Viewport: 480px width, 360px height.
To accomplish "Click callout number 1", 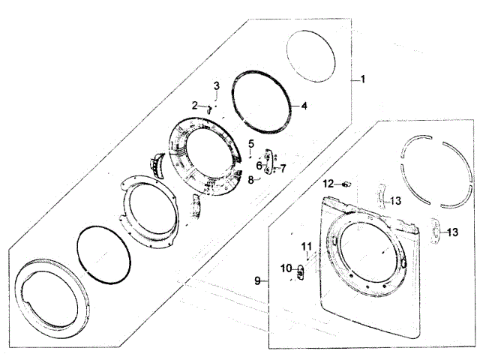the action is click(x=363, y=79).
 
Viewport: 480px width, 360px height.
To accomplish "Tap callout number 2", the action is click(x=195, y=106).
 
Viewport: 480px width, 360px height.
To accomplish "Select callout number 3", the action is click(x=217, y=85).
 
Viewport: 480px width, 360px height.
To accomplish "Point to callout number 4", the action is click(x=304, y=106).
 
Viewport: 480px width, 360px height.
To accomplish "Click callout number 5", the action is click(x=251, y=143).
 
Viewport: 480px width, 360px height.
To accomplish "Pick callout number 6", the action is click(x=259, y=166).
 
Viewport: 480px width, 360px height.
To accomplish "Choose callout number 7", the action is click(x=283, y=168).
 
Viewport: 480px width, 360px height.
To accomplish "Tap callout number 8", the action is click(x=251, y=180).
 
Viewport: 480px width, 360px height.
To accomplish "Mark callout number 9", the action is click(x=258, y=280).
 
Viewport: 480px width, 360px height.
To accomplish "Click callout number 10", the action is click(x=286, y=268).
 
